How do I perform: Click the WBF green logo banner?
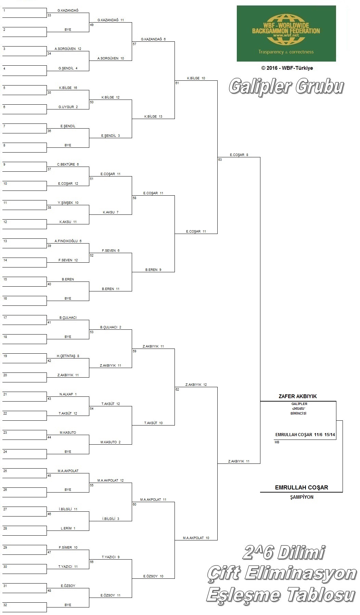point(286,34)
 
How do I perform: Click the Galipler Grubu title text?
point(286,86)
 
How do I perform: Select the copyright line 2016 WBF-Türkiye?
point(287,68)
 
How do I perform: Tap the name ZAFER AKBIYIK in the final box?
point(298,396)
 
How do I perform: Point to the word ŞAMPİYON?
point(301,497)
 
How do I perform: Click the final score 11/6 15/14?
point(324,435)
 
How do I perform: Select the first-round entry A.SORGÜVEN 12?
point(68,49)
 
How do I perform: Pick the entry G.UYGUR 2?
point(68,107)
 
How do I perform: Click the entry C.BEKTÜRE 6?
point(68,165)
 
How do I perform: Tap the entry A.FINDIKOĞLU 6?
point(68,241)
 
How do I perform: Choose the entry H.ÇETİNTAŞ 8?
point(68,356)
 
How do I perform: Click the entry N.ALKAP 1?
point(68,394)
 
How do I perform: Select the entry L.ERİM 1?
point(68,528)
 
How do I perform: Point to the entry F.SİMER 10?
point(68,548)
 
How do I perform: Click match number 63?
point(220,160)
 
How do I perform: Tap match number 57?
point(134,44)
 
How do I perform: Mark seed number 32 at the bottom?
point(5,605)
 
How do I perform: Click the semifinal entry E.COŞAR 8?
point(239,155)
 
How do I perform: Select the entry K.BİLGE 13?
point(153,117)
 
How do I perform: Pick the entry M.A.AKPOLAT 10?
point(196,538)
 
